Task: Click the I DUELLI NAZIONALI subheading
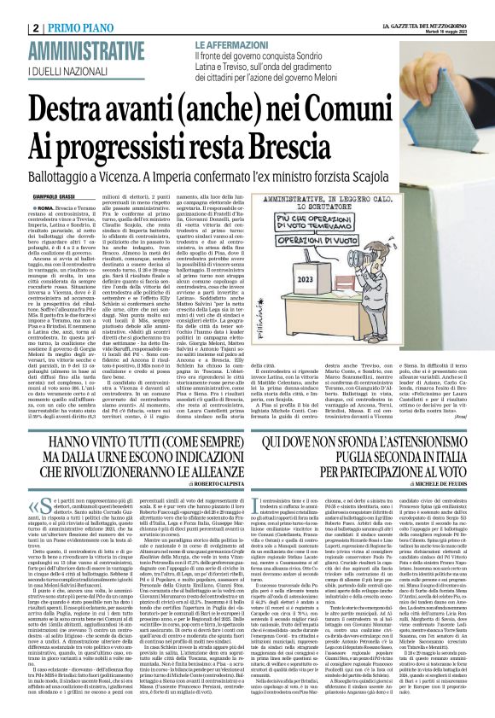click(x=73, y=68)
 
